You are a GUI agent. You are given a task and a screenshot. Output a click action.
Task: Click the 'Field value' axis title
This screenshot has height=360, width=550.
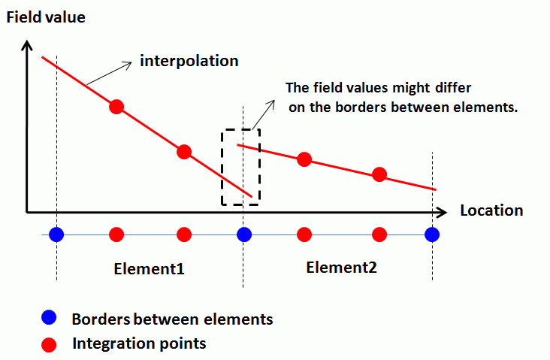[46, 16]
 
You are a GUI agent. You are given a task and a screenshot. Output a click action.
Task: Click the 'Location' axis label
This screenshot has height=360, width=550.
[491, 210]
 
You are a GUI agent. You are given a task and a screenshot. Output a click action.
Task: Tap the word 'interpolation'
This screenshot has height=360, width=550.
[189, 61]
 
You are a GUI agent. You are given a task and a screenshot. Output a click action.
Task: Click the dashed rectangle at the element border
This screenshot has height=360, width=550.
[240, 167]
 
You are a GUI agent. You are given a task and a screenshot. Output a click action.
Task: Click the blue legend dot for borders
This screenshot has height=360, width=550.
[50, 319]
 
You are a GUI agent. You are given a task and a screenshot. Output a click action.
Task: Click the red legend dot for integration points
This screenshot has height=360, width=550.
[50, 345]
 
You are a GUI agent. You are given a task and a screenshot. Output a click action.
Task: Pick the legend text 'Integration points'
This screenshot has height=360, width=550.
[139, 344]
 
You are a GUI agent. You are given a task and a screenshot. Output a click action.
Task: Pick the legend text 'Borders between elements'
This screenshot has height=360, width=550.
[172, 319]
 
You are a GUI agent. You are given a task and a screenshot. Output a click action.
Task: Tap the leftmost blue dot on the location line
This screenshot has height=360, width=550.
[56, 234]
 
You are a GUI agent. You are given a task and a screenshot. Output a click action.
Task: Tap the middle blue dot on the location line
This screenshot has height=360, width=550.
[243, 234]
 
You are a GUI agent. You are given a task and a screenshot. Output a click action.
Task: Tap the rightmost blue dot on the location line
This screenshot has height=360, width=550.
[432, 234]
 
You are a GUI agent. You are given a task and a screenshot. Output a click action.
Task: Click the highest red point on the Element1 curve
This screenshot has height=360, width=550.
[116, 107]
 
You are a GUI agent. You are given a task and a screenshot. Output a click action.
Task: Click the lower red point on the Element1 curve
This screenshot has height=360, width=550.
[184, 152]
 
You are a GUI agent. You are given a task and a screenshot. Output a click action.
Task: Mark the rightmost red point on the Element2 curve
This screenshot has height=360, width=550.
[379, 174]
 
